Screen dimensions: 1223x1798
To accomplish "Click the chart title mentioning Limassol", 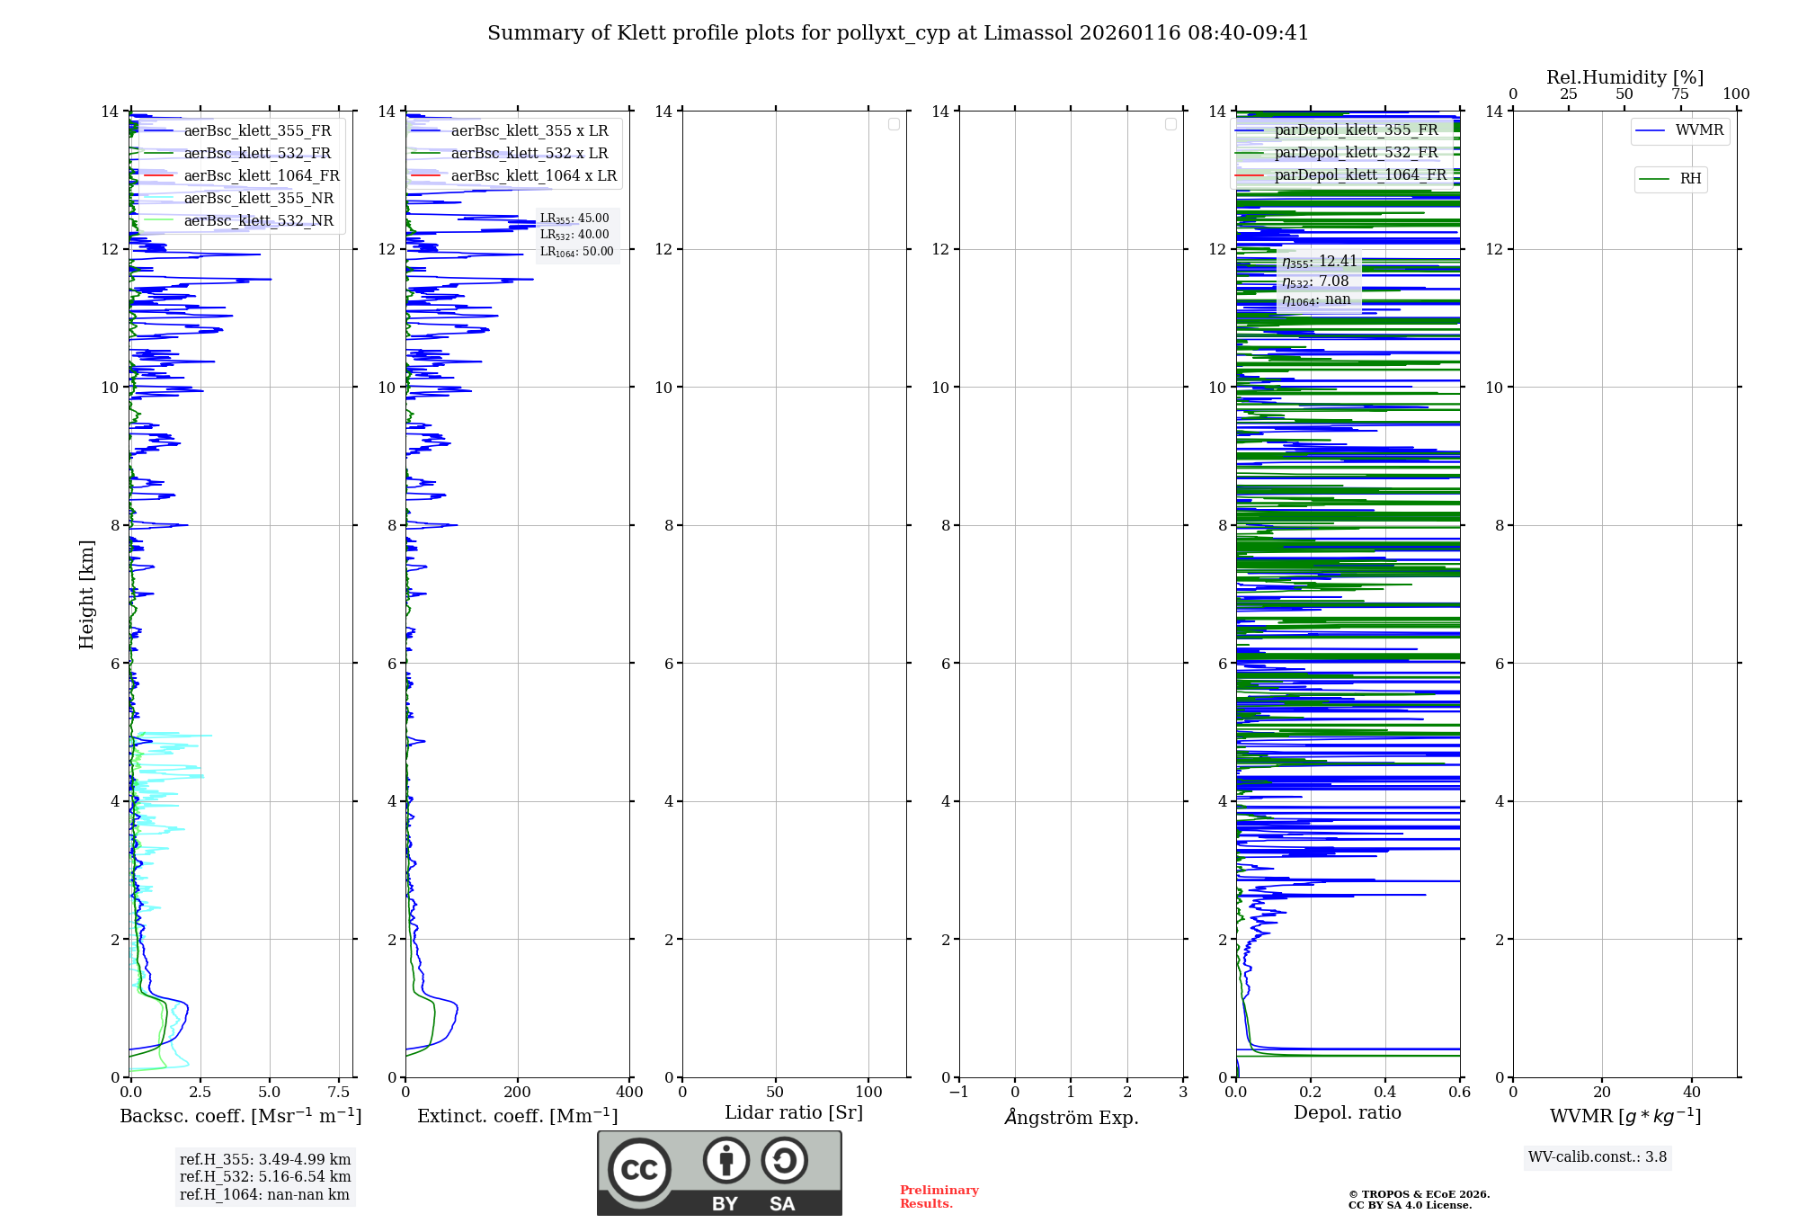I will pyautogui.click(x=897, y=33).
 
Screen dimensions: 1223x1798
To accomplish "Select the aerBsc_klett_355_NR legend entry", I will pyautogui.click(x=258, y=198).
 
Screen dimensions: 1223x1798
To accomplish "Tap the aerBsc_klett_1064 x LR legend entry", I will pyautogui.click(x=533, y=175).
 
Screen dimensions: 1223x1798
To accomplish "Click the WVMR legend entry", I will pyautogui.click(x=1698, y=130).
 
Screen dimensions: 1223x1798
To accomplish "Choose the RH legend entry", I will pyautogui.click(x=1689, y=179).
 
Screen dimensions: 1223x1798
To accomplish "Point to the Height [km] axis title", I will pyautogui.click(x=86, y=594).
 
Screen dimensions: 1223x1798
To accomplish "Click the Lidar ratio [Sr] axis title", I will pyautogui.click(x=794, y=1112).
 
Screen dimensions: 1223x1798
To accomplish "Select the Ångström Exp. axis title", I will pyautogui.click(x=1071, y=1117).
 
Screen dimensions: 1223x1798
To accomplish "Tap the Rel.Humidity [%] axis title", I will pyautogui.click(x=1624, y=77).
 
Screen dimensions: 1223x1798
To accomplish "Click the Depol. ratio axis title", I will pyautogui.click(x=1347, y=1112).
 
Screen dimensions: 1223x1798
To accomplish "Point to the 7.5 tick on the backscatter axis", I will pyautogui.click(x=339, y=1092).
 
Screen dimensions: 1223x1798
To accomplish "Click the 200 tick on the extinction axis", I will pyautogui.click(x=517, y=1092).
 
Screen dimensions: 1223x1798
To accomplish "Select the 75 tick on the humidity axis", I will pyautogui.click(x=1679, y=94).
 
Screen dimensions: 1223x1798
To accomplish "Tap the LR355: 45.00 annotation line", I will pyautogui.click(x=574, y=219).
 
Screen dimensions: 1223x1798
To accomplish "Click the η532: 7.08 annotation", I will pyautogui.click(x=1315, y=281).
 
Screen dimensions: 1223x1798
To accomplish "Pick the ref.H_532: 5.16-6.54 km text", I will pyautogui.click(x=265, y=1176).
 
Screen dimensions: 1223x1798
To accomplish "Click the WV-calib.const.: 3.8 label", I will pyautogui.click(x=1598, y=1156).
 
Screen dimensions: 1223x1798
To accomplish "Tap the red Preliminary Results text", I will pyautogui.click(x=939, y=1196).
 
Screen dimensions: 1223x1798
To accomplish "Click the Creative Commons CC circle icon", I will pyautogui.click(x=639, y=1170).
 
